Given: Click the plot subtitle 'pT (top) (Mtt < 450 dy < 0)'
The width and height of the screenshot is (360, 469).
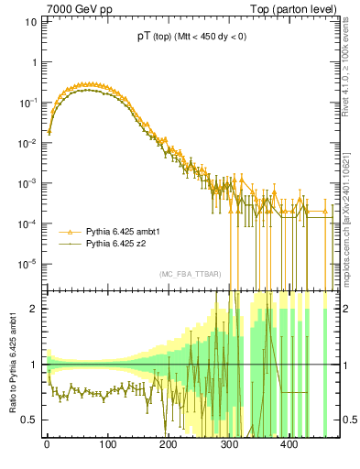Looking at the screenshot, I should click(x=190, y=37).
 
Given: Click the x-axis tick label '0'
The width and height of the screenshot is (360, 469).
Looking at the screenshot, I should click(x=47, y=445).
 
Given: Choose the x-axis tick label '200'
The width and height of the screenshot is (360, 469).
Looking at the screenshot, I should click(x=168, y=445).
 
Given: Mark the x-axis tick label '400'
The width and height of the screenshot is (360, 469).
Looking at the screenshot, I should click(x=289, y=445).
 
